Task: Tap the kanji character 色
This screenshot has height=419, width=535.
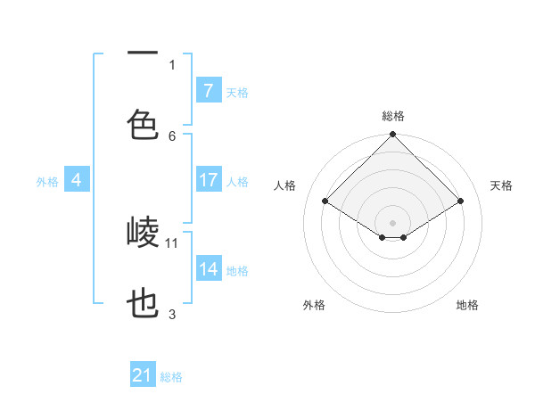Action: [143, 124]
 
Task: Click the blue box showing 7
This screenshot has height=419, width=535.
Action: [208, 90]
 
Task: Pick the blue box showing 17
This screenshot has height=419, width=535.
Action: [208, 180]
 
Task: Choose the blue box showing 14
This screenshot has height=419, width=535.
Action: [208, 269]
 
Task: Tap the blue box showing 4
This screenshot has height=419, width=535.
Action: [77, 180]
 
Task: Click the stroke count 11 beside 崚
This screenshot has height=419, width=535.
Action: [172, 242]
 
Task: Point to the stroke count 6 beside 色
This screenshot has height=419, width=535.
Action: [172, 136]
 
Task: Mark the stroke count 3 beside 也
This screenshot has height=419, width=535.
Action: [172, 314]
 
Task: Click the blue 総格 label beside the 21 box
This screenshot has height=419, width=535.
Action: [171, 377]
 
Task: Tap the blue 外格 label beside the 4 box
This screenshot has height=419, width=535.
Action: [47, 181]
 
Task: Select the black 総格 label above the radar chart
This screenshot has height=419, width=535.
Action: [393, 116]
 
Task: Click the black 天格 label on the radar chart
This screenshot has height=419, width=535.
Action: [501, 185]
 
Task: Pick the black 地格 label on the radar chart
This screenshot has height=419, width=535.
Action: [467, 305]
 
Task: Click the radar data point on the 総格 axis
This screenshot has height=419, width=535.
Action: [393, 135]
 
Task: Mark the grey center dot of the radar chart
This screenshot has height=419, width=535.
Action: [393, 222]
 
